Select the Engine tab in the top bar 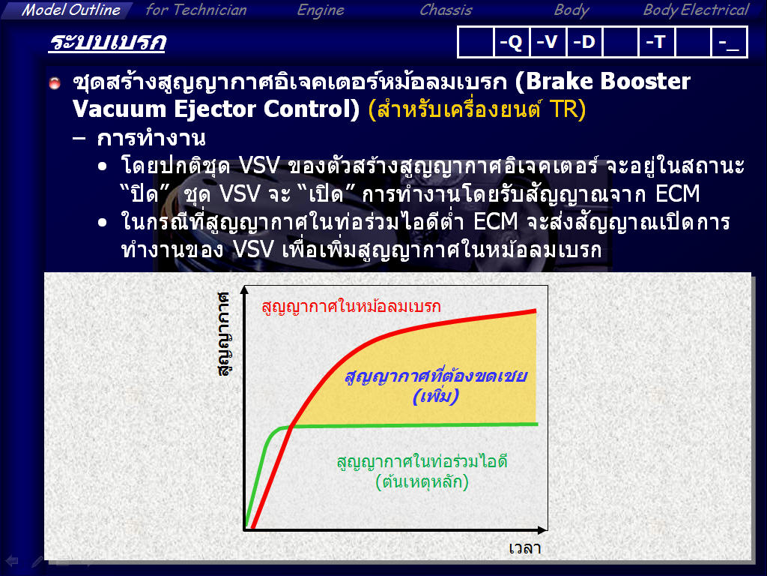point(321,10)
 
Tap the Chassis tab point(446,10)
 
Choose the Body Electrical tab point(696,10)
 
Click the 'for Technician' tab point(196,10)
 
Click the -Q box point(511,42)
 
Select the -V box point(548,42)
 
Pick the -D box point(584,42)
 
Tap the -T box point(656,42)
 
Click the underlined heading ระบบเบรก point(108,42)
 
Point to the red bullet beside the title point(55,82)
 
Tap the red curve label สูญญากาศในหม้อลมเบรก point(351,307)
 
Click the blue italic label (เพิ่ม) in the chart point(436,396)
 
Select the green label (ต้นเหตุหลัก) point(422,482)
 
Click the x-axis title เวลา point(525,548)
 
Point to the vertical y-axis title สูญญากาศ point(224,334)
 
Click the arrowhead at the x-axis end point(543,530)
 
